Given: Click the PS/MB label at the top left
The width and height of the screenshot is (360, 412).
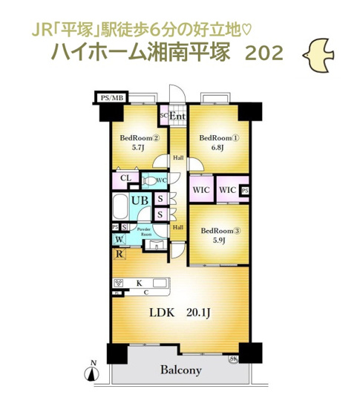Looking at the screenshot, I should [114, 96].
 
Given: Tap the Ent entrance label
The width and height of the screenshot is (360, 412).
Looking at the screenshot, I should [177, 117].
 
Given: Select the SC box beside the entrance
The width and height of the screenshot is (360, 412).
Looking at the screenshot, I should [163, 116].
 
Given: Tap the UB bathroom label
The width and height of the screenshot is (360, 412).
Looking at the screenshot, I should [139, 200].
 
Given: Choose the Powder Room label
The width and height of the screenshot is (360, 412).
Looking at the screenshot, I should [146, 232].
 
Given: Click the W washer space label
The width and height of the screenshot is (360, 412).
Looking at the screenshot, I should [119, 239].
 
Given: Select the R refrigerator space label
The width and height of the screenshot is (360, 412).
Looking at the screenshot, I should [119, 254].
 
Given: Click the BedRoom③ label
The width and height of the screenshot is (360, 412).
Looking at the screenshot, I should [219, 230].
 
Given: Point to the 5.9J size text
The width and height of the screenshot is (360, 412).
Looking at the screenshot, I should [218, 241].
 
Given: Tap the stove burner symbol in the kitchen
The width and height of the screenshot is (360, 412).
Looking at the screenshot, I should [119, 282].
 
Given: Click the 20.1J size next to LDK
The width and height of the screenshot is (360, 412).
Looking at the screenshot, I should [198, 313].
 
